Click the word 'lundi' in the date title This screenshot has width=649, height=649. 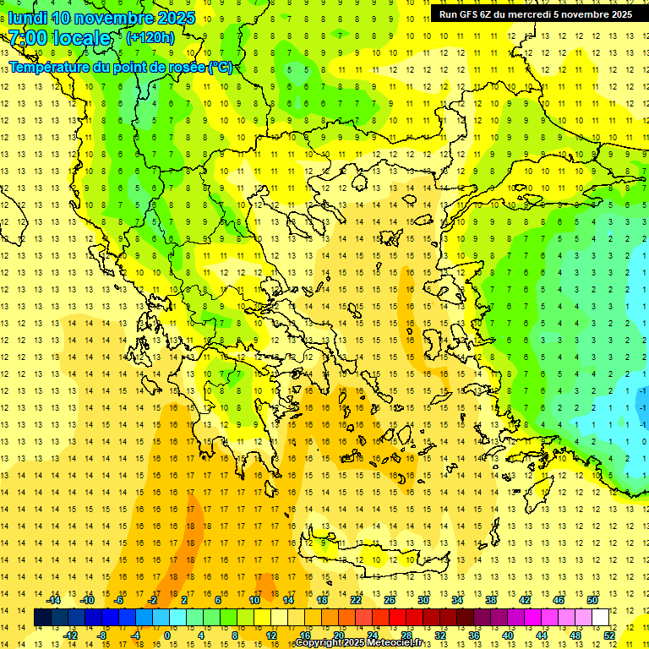click(x=27, y=18)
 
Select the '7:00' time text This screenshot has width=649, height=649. click(x=28, y=38)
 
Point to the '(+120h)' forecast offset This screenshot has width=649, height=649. click(x=150, y=37)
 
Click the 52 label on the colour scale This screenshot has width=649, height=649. click(x=608, y=635)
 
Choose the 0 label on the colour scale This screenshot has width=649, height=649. click(x=166, y=635)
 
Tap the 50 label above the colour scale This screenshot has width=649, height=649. click(x=592, y=600)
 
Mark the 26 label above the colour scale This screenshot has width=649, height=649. click(x=390, y=600)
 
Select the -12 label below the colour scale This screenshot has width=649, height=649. click(x=70, y=635)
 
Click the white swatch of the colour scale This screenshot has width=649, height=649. click(x=600, y=617)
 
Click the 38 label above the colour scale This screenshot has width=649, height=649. click(x=490, y=600)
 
